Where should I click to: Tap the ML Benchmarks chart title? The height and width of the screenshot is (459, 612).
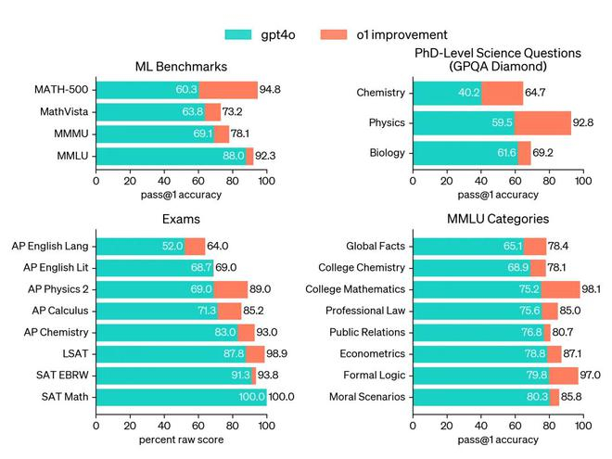[181, 67]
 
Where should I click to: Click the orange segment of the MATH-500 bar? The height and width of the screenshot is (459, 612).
[228, 90]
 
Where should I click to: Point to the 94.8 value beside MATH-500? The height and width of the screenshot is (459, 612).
[272, 90]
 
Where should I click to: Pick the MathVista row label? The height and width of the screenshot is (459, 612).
[63, 112]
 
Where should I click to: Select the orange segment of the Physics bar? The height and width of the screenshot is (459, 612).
[542, 122]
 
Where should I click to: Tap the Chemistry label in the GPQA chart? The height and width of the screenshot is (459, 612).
[381, 93]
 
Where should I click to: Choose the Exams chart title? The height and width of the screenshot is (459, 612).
[181, 220]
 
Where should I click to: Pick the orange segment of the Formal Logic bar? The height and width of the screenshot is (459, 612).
[563, 376]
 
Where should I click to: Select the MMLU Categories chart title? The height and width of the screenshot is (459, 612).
[497, 220]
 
